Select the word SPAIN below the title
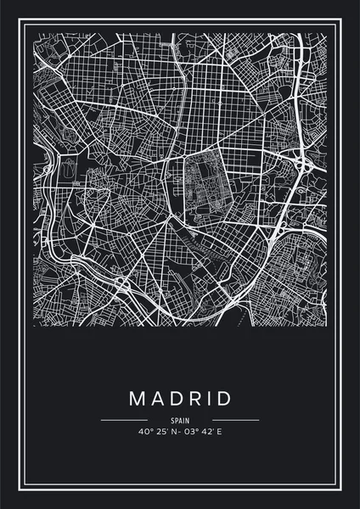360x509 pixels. click(x=180, y=420)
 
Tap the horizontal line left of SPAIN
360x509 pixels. click(x=124, y=420)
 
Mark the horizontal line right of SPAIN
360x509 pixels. click(x=235, y=420)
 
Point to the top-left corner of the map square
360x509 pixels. click(x=33, y=33)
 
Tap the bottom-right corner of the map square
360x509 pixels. click(x=327, y=327)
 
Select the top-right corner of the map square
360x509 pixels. click(x=327, y=33)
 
